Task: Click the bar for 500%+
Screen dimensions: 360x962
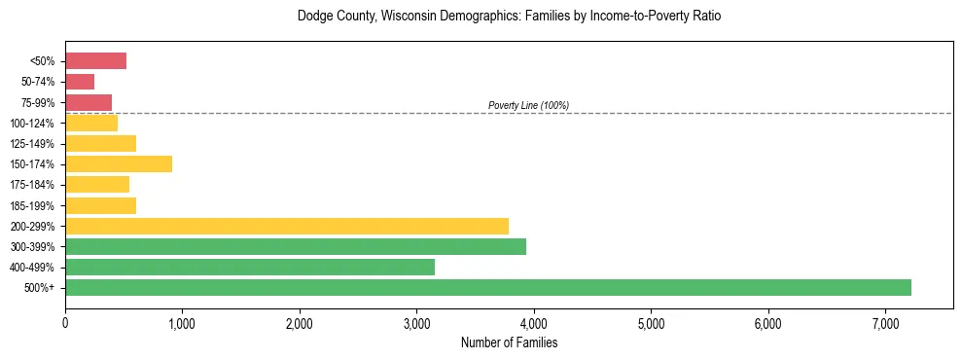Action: (x=487, y=287)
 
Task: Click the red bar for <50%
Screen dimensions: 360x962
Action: (x=95, y=61)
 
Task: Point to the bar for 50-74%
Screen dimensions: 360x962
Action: (x=80, y=82)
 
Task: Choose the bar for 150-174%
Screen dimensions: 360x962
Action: (x=118, y=163)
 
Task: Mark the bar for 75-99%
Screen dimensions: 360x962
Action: (x=89, y=102)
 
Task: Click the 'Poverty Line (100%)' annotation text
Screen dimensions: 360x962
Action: (x=528, y=105)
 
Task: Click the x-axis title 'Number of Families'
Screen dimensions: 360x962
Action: (x=509, y=342)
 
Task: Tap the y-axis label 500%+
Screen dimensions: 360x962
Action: (x=40, y=288)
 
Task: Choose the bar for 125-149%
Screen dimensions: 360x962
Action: (x=100, y=143)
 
